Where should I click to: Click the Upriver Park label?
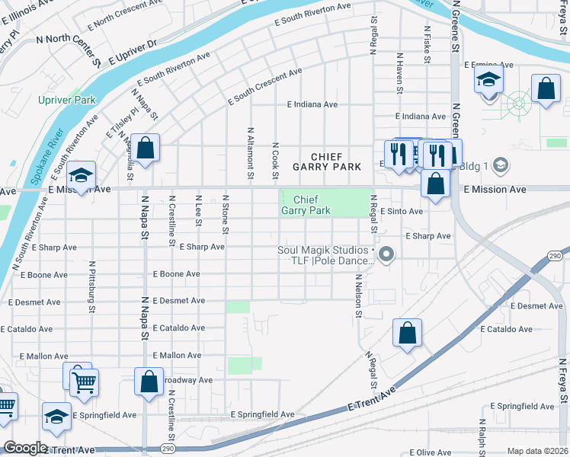pyautogui.click(x=68, y=100)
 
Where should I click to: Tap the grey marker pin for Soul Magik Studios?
pyautogui.click(x=386, y=254)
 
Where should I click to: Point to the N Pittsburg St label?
pyautogui.click(x=91, y=288)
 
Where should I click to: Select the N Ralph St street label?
pyautogui.click(x=482, y=438)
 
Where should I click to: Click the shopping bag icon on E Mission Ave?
pyautogui.click(x=434, y=184)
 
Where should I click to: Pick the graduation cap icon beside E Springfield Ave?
pyautogui.click(x=56, y=415)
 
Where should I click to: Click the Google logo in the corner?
pyautogui.click(x=25, y=448)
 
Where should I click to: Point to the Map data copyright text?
pyautogui.click(x=537, y=451)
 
